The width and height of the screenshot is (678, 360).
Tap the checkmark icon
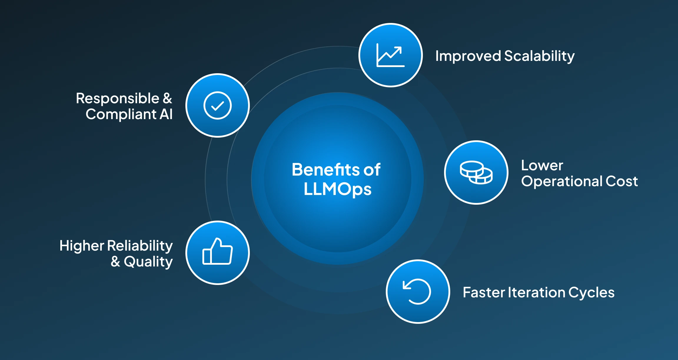click(217, 105)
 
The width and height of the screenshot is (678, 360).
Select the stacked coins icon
click(476, 173)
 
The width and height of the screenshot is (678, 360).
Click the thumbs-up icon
click(217, 252)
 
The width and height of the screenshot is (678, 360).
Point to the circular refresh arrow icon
click(417, 291)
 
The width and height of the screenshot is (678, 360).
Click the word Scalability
click(539, 56)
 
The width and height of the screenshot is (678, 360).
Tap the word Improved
click(468, 56)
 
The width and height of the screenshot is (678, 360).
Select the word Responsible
click(117, 99)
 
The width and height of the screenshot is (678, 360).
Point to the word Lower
click(542, 165)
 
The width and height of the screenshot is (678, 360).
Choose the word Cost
click(621, 181)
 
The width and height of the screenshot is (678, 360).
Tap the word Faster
click(484, 292)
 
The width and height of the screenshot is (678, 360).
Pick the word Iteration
click(537, 292)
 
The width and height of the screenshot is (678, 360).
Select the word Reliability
click(140, 246)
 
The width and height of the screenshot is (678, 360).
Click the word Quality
click(148, 262)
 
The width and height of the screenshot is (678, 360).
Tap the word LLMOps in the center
click(338, 189)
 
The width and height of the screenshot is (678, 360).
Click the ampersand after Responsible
click(167, 98)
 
